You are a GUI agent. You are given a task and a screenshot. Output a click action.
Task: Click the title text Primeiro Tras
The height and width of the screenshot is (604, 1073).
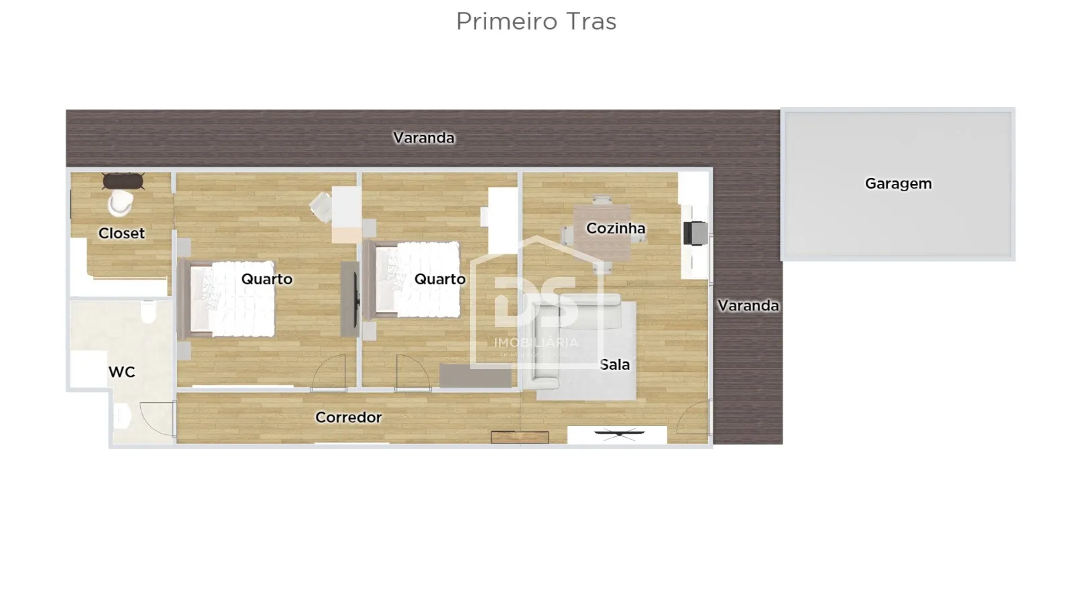536,21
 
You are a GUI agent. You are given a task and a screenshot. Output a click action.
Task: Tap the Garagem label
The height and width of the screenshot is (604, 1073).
898,183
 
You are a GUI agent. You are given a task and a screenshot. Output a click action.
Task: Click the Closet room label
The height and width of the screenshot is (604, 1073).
121,233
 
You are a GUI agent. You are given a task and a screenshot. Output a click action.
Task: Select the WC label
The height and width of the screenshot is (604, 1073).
121,372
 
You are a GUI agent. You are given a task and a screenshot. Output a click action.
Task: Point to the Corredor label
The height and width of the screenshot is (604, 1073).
348,417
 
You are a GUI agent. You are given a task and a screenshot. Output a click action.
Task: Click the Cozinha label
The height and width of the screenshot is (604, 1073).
616,228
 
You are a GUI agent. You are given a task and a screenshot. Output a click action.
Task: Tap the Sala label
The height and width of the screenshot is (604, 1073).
614,364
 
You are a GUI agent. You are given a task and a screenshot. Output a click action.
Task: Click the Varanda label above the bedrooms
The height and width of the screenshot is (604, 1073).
424,138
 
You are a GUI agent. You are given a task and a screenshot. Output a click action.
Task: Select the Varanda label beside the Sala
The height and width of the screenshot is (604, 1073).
748,305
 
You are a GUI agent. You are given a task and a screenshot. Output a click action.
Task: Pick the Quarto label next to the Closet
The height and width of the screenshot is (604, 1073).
266,279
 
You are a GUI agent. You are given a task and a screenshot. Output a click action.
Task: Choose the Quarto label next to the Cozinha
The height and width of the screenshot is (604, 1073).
439,279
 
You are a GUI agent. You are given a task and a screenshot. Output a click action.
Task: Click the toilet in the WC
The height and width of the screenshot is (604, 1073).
148,311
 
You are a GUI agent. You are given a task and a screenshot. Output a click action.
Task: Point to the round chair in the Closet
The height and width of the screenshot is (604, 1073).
121,203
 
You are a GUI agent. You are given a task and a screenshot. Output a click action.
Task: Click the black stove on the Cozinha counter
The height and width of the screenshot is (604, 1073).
695,234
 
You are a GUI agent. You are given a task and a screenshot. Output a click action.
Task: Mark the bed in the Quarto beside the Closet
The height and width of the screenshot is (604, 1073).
231,299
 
